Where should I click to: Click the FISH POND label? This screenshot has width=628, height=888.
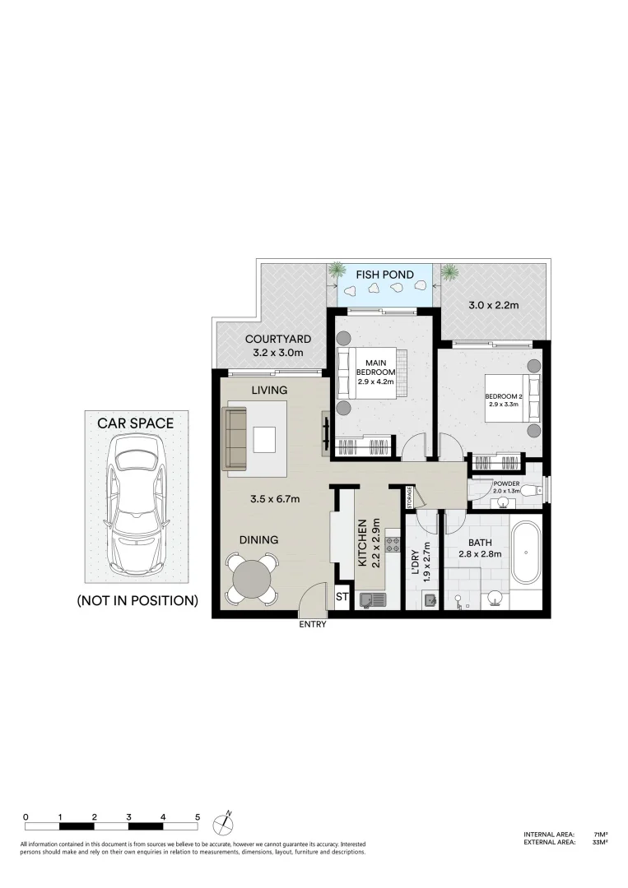point(379,275)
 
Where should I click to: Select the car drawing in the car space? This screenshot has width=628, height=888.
point(137,505)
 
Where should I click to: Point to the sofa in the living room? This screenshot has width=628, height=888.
point(236,440)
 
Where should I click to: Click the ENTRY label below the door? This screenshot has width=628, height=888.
point(314,624)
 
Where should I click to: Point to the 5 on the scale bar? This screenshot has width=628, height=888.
point(198,816)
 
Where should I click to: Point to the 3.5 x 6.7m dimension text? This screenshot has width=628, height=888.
point(274,498)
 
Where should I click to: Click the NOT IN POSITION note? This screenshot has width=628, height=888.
point(137,601)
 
